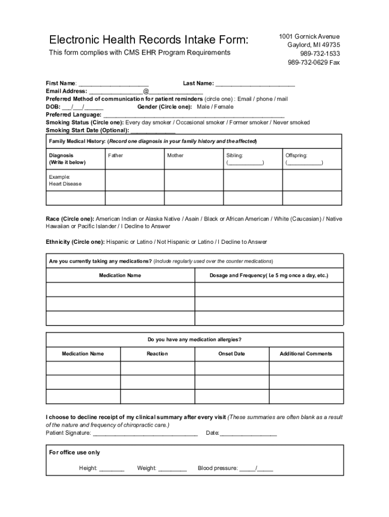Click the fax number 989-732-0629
(x=314, y=63)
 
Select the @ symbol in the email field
(x=146, y=91)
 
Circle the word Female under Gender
(x=224, y=107)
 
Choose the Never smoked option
(x=291, y=122)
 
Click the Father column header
(x=115, y=156)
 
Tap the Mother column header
(x=175, y=156)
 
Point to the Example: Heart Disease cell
(x=65, y=180)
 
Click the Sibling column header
(x=234, y=156)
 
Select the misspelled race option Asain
(x=191, y=219)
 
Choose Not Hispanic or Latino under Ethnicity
(x=185, y=242)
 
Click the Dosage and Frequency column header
(x=269, y=275)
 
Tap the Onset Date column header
(x=231, y=353)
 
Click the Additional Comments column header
(x=306, y=353)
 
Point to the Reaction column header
(x=157, y=353)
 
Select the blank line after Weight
(x=172, y=469)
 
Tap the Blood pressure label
(x=217, y=468)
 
